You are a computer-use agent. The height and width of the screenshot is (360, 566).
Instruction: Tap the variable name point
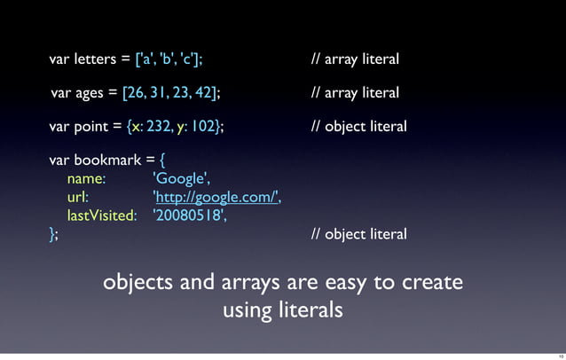tap(91, 126)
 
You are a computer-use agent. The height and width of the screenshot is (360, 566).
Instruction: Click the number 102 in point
tap(202, 126)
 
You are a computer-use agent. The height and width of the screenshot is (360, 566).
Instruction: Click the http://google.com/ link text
tap(216, 198)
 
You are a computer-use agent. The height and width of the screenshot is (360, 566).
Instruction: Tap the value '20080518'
tap(185, 215)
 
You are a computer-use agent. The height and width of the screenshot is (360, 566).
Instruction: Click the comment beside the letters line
tap(355, 60)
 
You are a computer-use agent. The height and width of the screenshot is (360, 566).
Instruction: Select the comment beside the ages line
tap(355, 93)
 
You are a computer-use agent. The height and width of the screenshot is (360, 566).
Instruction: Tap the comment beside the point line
tap(358, 126)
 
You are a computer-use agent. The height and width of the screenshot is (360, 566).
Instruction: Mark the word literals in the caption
tap(310, 311)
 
